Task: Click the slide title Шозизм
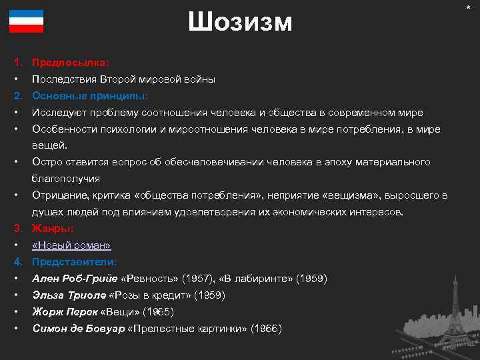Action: coord(240,22)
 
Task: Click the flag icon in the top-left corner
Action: coord(26,21)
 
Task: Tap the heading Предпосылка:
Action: coord(71,63)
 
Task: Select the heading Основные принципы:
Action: coord(90,96)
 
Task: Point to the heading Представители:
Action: coord(75,261)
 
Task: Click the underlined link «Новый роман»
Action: coord(71,245)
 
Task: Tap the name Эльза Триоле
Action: coord(69,295)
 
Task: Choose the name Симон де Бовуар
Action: coord(78,328)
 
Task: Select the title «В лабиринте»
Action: coord(254,278)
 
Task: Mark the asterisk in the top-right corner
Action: coord(471,6)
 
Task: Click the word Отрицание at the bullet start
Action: coord(61,195)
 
